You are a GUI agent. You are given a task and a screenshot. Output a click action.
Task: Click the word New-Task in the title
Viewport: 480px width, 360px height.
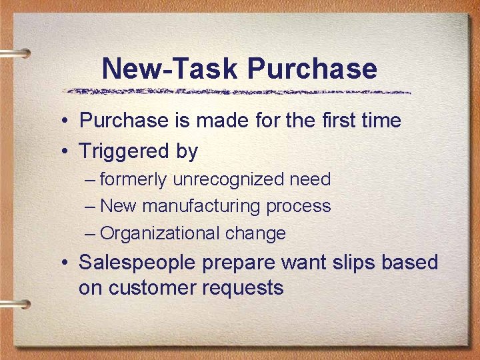[170, 69]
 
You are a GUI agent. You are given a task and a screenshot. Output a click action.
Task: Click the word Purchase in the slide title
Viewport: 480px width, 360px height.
[312, 69]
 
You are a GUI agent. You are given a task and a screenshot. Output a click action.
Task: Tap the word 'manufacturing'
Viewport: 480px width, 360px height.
[201, 207]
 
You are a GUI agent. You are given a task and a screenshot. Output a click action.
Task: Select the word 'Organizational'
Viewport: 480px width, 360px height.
[161, 234]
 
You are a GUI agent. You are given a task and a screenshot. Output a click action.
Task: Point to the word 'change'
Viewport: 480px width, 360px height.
[255, 233]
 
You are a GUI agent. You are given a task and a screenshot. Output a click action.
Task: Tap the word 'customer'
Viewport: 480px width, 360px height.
[150, 288]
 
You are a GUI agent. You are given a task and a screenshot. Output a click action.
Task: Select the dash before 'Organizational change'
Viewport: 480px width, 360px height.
[91, 234]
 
